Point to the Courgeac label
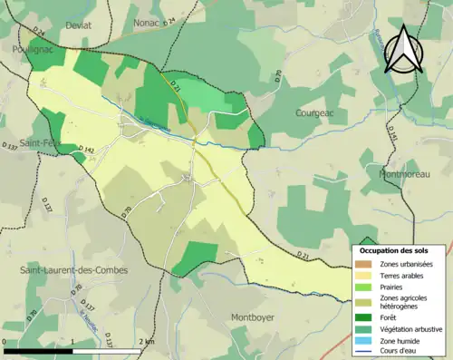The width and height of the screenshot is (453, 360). coord(316,112)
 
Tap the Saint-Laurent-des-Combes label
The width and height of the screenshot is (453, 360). coord(74,270)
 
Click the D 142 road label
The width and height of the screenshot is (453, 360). coord(84,151)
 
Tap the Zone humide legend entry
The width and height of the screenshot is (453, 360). coord(393,342)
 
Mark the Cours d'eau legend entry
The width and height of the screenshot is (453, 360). coord(394,353)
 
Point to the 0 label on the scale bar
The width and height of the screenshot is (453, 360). coord(6,342)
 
